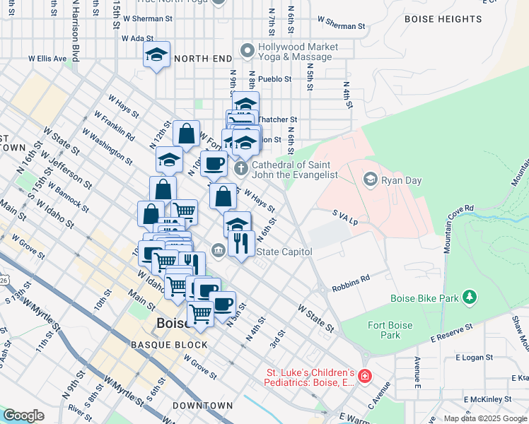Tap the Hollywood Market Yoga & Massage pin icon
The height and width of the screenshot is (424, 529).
(247, 51)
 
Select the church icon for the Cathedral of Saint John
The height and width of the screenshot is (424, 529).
(241, 168)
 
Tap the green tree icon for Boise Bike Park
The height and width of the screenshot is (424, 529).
(467, 298)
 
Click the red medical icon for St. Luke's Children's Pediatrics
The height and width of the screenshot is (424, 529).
(364, 377)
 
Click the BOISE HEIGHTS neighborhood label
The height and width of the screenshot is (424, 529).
(443, 20)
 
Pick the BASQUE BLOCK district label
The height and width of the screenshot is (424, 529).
(169, 345)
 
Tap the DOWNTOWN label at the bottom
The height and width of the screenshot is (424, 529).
(203, 406)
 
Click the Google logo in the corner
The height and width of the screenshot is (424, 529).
(23, 416)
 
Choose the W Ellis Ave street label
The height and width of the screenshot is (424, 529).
(47, 59)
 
